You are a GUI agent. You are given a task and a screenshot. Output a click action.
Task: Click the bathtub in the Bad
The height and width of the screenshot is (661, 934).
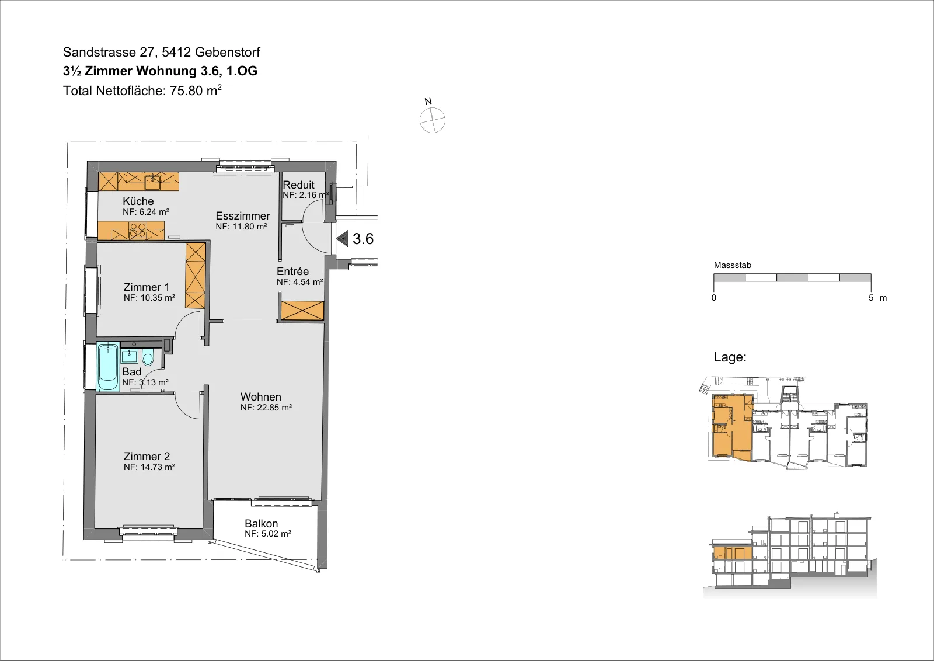coord(108,366)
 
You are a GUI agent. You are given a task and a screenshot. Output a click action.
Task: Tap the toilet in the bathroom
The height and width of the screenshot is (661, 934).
coord(148,357)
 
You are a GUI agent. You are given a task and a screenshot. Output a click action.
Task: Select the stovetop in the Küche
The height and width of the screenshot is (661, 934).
coord(138,230)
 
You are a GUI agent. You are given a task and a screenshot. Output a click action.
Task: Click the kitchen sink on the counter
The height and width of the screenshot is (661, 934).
coord(152,180)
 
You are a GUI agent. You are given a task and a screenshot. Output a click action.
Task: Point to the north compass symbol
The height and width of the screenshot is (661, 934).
coord(433,120)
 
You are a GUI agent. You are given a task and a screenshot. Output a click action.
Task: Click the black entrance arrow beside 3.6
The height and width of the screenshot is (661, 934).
coord(343,239)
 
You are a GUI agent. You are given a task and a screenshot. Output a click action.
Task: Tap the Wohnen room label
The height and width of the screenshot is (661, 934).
coord(260,396)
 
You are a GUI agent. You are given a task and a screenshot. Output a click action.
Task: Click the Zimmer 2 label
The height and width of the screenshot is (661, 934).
coord(147,456)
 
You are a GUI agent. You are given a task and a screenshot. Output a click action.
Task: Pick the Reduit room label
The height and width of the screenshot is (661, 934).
coord(298,185)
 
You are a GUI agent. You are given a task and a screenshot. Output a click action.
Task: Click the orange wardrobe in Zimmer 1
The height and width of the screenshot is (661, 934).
coord(196,276)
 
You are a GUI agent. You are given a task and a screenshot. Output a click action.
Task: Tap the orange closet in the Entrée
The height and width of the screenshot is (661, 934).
coord(302,310)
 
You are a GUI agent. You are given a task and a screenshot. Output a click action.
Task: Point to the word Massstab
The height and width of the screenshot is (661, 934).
coord(733,265)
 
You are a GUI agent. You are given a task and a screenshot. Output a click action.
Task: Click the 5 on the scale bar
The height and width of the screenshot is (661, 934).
coord(870,298)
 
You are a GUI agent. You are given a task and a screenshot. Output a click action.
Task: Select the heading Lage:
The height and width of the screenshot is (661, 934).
coord(730,357)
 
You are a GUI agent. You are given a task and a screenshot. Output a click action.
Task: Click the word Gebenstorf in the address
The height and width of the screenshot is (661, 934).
coord(227,52)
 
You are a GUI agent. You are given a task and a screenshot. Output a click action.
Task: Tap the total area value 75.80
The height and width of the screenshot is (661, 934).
coord(186,91)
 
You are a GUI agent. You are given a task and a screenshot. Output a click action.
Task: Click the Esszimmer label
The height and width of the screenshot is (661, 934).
coord(243,216)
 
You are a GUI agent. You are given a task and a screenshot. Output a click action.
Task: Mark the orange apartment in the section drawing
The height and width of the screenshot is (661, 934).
coord(733,553)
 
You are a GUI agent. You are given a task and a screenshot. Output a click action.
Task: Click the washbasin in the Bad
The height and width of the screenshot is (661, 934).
coord(129,357)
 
